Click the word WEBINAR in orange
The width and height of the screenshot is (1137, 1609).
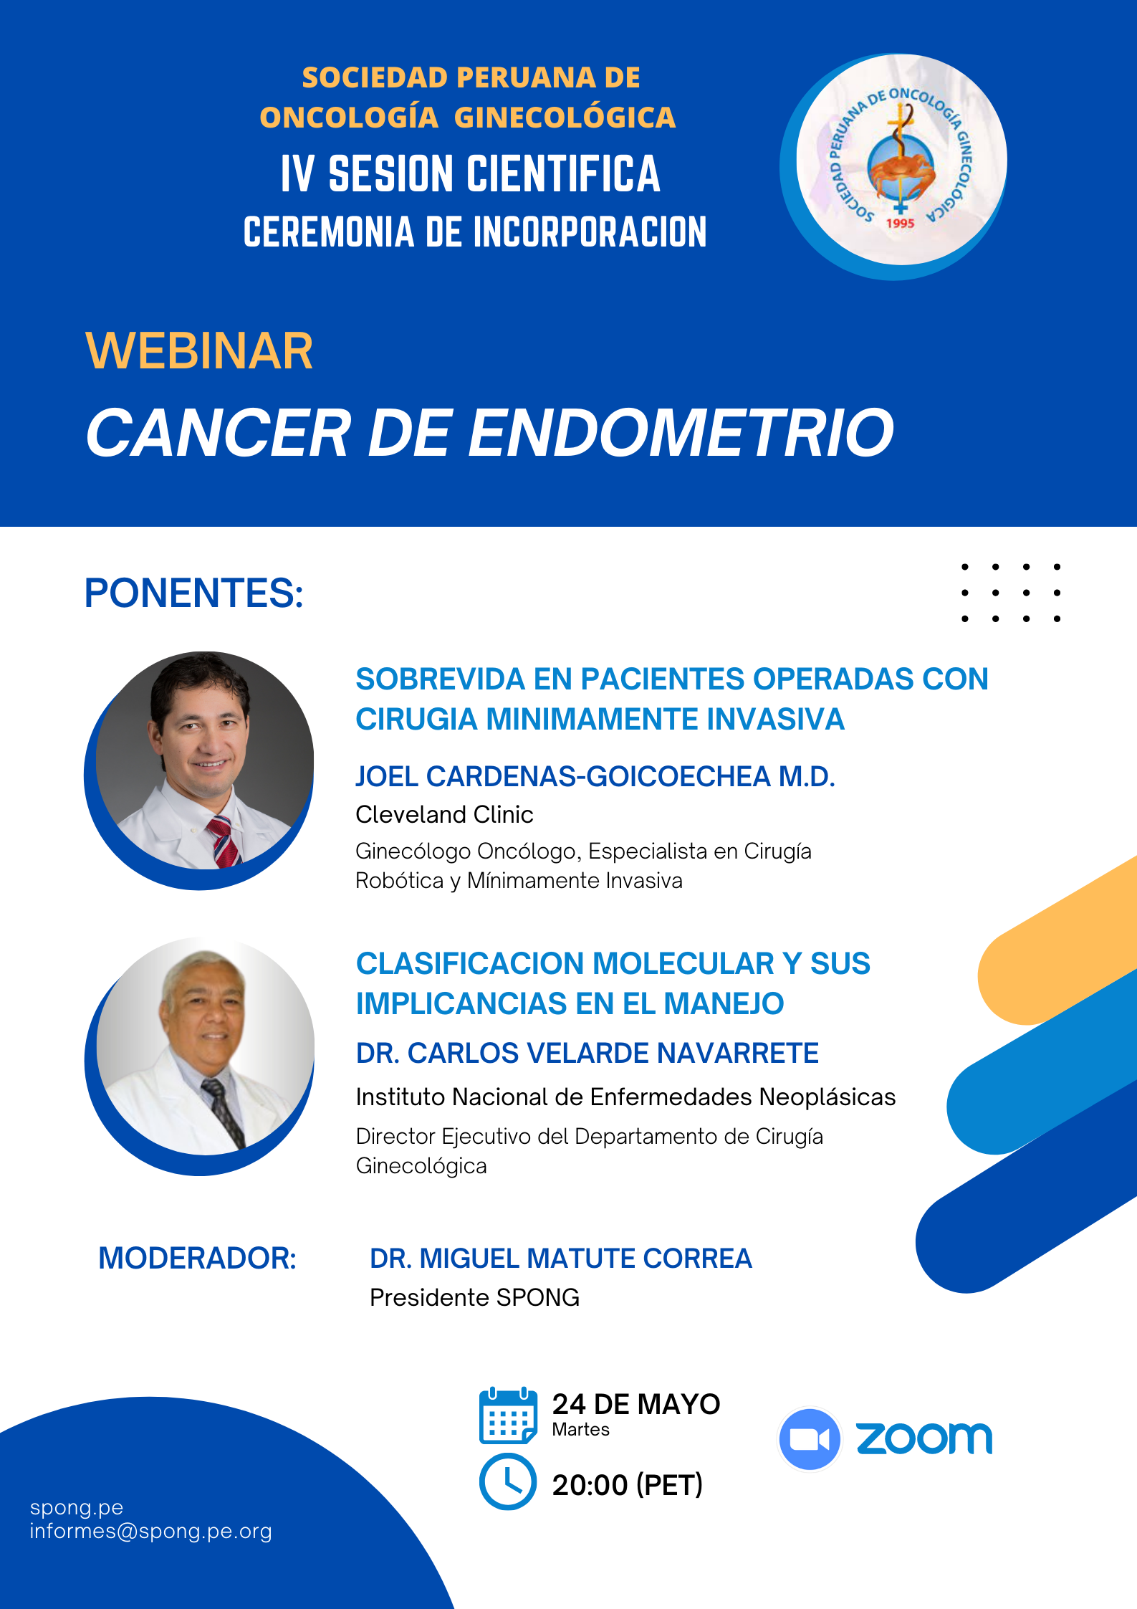click(x=199, y=351)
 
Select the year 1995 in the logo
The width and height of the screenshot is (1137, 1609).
click(x=900, y=223)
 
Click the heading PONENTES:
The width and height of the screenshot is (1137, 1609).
click(x=194, y=593)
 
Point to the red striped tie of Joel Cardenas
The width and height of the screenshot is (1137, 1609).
click(x=224, y=841)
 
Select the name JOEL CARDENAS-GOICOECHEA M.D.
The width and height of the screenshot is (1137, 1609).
click(x=595, y=777)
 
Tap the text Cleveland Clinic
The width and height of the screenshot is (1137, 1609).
click(x=444, y=815)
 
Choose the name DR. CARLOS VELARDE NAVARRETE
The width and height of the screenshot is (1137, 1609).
click(x=587, y=1054)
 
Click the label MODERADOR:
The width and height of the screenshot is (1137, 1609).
click(x=197, y=1259)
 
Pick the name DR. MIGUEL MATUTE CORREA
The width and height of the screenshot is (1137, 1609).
click(x=561, y=1259)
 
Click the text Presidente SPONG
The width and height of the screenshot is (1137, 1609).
click(x=474, y=1298)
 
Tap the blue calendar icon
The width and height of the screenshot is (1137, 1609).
click(x=508, y=1415)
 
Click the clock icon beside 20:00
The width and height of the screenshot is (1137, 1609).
click(x=508, y=1482)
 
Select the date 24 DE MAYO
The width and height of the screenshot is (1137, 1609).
click(x=636, y=1405)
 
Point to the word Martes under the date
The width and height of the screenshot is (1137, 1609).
click(x=581, y=1430)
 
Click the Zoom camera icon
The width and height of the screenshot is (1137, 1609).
click(x=810, y=1439)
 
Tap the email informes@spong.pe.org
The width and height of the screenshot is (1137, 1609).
click(x=151, y=1532)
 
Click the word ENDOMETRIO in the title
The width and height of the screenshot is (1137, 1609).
click(x=681, y=433)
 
